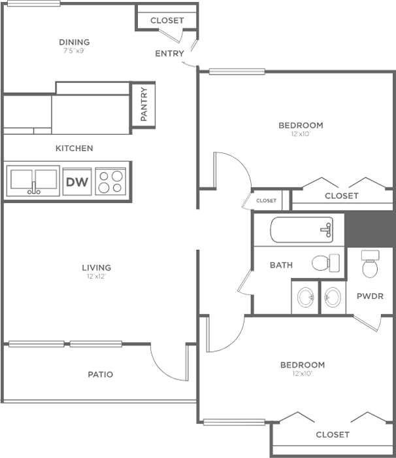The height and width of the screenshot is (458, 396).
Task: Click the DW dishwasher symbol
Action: pos(77,182)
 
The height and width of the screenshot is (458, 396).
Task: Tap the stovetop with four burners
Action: pos(110,181)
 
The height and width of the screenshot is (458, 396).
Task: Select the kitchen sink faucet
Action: pos(34,188)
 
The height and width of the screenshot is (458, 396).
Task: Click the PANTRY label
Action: pos(144,104)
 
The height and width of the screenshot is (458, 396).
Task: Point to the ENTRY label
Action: pos(169,54)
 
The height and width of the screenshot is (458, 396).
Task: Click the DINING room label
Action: pos(74,42)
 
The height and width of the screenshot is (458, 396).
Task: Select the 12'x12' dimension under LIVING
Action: pos(96,276)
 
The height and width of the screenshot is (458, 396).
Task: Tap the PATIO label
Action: pos(101,374)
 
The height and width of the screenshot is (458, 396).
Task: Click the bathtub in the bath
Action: pos(302,230)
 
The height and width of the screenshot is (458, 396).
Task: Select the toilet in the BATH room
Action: pos(325,263)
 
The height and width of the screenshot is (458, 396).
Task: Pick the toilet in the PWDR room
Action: pos(370,264)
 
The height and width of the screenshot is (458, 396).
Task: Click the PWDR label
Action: pos(370,296)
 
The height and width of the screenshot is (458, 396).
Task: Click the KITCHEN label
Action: pos(74,148)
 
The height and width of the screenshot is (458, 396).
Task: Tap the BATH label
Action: pos(281,265)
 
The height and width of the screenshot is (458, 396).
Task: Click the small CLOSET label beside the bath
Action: pos(266,201)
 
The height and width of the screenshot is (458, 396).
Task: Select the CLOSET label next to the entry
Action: pos(167,20)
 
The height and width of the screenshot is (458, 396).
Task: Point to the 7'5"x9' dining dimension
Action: pos(74,50)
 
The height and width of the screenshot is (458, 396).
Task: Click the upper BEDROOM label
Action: pos(301,126)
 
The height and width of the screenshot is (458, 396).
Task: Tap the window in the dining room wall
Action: pos(33,3)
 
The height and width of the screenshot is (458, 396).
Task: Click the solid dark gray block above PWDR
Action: pos(369,229)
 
